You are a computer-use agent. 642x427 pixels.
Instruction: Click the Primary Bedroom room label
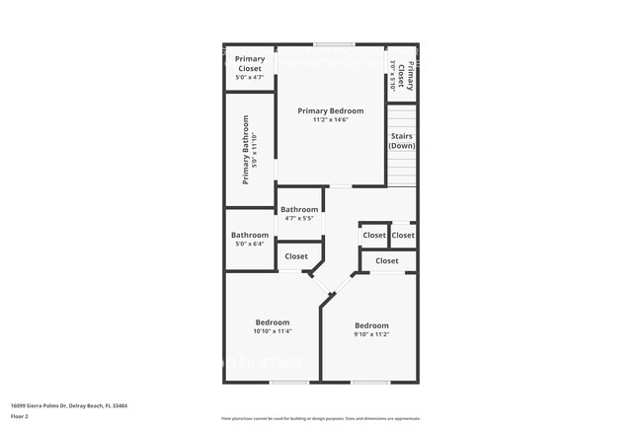point(330,111)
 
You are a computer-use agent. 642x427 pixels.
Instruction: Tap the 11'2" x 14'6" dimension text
point(330,120)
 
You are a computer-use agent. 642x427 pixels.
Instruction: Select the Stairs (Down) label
point(401,141)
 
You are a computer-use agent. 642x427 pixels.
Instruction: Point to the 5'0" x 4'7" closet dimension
point(249,78)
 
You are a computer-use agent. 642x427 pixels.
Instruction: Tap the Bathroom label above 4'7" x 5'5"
point(299,209)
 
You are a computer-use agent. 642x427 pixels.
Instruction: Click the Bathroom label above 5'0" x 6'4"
point(250,235)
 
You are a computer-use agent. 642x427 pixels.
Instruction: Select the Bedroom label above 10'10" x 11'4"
point(273,322)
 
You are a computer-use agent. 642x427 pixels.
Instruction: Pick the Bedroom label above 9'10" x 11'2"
point(371,325)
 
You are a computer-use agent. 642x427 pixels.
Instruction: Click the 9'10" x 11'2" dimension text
point(371,334)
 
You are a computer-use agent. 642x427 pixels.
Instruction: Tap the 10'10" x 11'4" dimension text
point(273,331)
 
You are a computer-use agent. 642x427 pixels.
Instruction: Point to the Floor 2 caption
point(20,416)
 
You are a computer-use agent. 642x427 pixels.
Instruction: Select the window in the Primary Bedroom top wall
point(335,44)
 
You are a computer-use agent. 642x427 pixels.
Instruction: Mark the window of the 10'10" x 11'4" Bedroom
point(288,382)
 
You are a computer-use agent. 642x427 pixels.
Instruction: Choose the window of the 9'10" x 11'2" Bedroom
point(370,382)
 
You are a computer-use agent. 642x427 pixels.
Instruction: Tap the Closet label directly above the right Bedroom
point(387,261)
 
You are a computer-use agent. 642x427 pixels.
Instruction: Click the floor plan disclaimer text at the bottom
point(320,418)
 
